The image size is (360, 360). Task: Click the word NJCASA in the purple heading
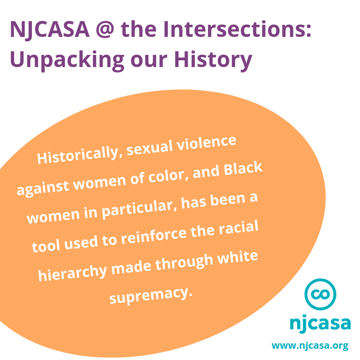pos(49,29)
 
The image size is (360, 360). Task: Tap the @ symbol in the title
pos(105,30)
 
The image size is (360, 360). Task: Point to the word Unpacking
pos(67,60)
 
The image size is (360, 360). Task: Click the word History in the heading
pos(213,60)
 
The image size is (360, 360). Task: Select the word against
pos(43,188)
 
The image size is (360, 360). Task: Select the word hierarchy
pos(72,273)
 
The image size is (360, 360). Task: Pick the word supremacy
pos(151,296)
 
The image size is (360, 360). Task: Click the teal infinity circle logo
pos(320,294)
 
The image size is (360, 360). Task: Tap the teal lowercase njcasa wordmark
pos(320,324)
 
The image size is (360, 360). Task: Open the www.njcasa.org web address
pos(310,346)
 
